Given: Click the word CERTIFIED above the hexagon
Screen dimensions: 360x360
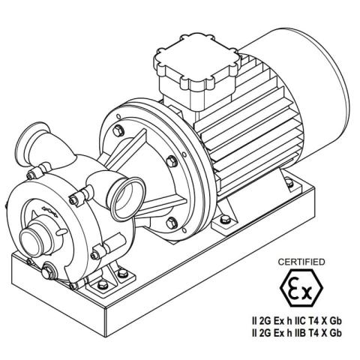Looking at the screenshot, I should tap(301, 262).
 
